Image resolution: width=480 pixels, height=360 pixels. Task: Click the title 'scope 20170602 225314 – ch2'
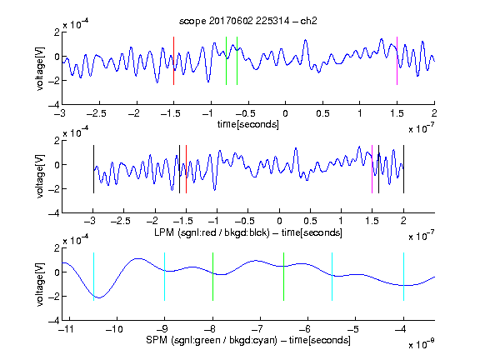point(248,21)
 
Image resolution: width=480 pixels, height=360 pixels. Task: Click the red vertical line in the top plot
point(174,61)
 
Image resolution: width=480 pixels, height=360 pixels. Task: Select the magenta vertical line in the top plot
point(397,61)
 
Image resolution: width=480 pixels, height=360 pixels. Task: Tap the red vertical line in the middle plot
point(186,169)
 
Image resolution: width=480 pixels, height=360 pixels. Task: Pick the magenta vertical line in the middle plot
point(372,169)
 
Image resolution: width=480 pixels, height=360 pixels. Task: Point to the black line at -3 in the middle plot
point(93,169)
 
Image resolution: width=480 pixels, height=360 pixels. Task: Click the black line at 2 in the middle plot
point(403,169)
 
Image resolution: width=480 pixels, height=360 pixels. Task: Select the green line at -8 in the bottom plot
point(212,277)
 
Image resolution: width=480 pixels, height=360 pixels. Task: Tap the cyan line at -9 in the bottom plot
point(165,277)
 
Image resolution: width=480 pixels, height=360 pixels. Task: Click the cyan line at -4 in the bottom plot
point(403,277)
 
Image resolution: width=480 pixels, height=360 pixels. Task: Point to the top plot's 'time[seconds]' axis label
point(248,125)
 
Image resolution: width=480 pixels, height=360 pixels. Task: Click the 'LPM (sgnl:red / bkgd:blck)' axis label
point(212,232)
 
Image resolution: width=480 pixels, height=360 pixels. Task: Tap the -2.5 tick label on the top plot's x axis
point(97,113)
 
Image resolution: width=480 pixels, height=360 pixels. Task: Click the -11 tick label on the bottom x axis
point(66,329)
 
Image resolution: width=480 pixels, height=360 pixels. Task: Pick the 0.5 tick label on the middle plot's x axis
point(310,221)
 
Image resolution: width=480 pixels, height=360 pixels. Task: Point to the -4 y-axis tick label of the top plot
point(54,105)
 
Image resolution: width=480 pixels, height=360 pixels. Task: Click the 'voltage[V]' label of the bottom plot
point(40,284)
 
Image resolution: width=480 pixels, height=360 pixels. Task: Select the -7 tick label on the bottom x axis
point(257,329)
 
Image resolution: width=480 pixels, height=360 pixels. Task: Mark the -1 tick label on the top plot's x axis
point(207,113)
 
